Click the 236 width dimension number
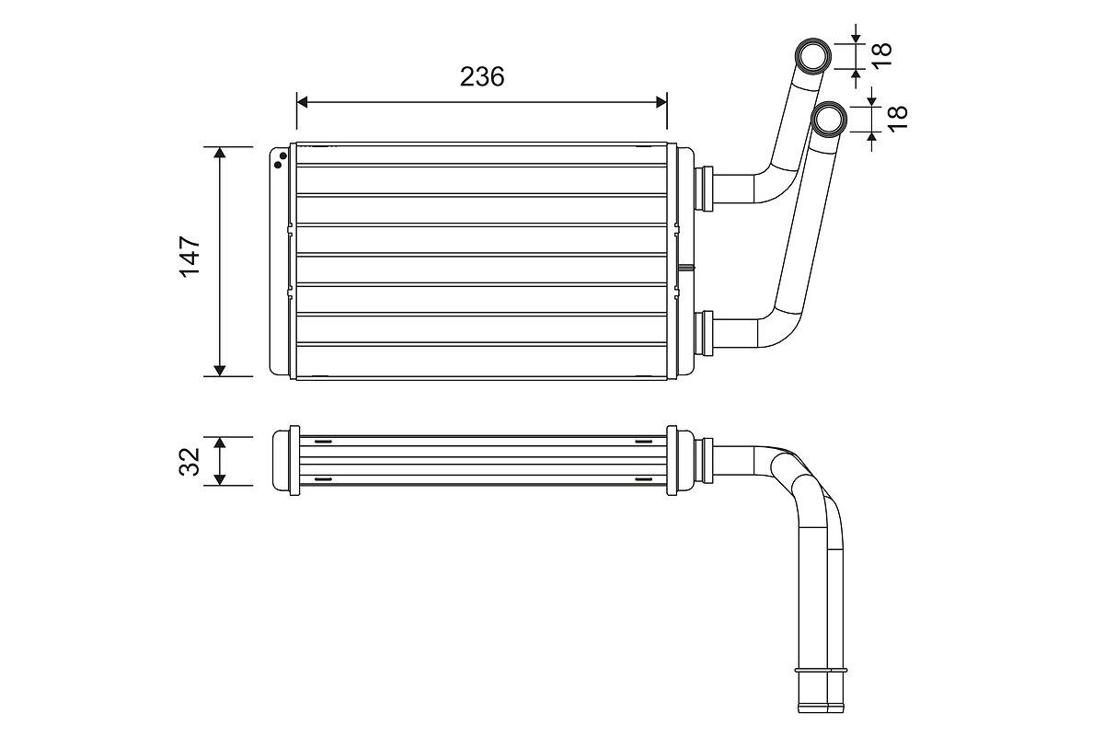click(482, 77)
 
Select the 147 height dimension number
click(190, 257)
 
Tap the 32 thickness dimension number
click(190, 461)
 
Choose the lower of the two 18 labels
click(898, 117)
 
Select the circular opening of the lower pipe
click(831, 120)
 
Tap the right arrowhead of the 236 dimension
click(661, 101)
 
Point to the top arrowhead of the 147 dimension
click(220, 153)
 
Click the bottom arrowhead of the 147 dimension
click(220, 370)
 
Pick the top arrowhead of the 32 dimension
click(220, 443)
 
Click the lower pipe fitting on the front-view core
click(707, 333)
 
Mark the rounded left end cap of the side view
click(281, 461)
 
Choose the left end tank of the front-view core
click(280, 260)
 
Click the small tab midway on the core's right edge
click(685, 268)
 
